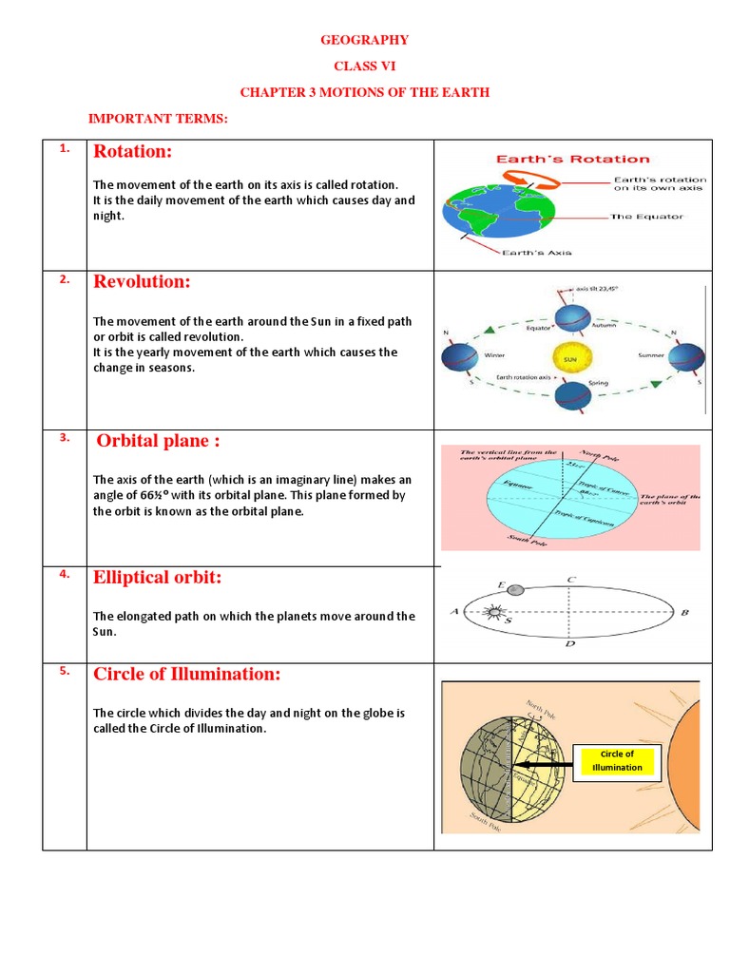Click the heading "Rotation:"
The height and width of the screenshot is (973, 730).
[132, 152]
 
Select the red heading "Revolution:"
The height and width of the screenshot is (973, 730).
[142, 282]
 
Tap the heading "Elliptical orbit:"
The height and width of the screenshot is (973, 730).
[157, 578]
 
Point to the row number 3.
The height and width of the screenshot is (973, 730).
[64, 437]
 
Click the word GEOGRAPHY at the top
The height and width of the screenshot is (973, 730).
[364, 40]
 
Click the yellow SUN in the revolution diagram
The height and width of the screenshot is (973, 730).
[571, 358]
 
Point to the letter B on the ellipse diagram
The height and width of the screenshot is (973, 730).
[684, 614]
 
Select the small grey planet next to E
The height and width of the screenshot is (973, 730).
[515, 589]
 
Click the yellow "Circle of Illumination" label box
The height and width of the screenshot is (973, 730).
[617, 761]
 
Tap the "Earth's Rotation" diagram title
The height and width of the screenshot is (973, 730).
[570, 159]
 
